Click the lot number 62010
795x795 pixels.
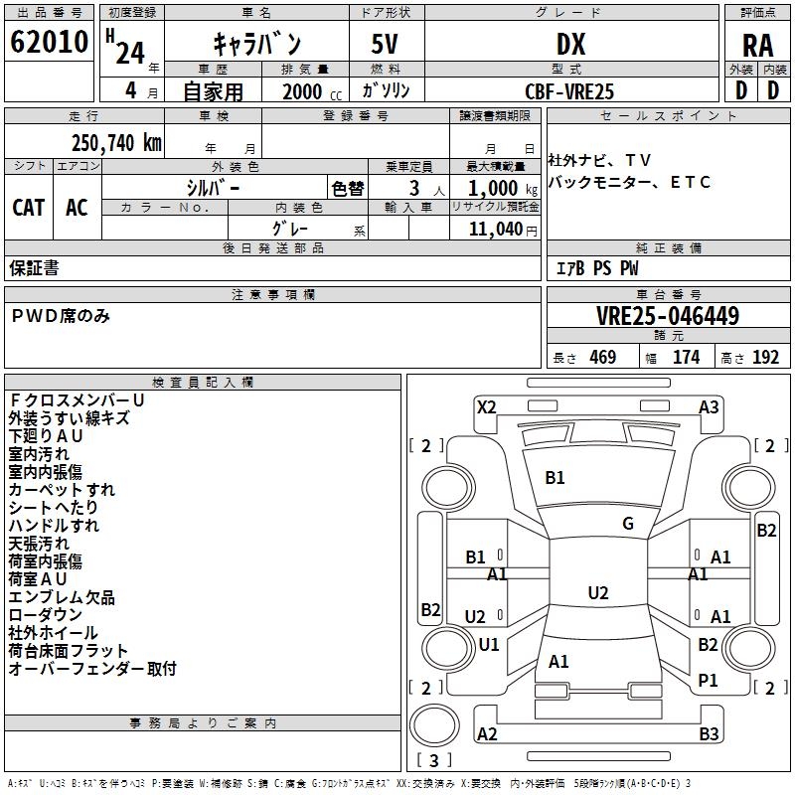[x=49, y=41]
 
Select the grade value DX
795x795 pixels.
[x=570, y=44]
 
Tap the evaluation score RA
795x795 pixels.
[x=757, y=46]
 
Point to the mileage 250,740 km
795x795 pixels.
[x=116, y=142]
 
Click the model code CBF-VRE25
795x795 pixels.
[x=569, y=91]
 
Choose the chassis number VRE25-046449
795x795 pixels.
[x=668, y=315]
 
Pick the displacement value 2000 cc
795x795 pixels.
[x=312, y=91]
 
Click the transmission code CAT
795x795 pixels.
[x=29, y=208]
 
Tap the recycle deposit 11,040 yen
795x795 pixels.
[x=503, y=230]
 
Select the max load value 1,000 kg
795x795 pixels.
[x=503, y=188]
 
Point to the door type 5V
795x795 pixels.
[x=385, y=44]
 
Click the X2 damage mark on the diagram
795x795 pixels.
[x=487, y=406]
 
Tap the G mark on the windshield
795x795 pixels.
[x=628, y=523]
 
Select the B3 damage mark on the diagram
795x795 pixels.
[x=709, y=733]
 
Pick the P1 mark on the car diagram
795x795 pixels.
[x=708, y=680]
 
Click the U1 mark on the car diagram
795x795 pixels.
[x=489, y=644]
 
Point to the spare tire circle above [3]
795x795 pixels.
[x=434, y=725]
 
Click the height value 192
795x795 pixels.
[x=765, y=357]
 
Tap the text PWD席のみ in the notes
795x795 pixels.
[x=61, y=316]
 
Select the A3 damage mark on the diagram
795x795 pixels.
[x=709, y=406]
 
